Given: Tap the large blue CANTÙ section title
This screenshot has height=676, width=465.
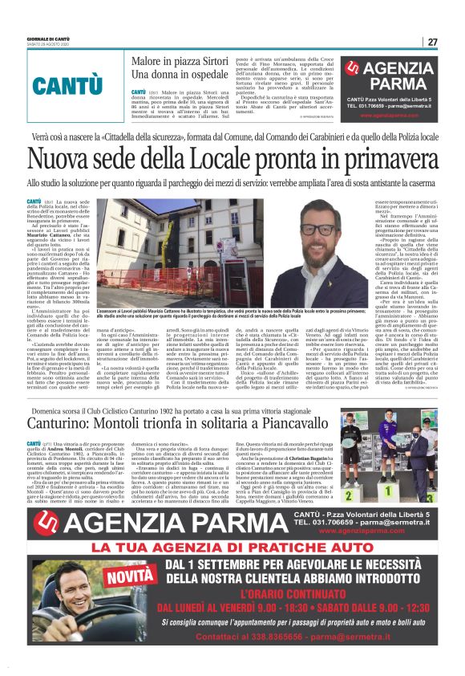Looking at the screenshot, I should pos(67,84).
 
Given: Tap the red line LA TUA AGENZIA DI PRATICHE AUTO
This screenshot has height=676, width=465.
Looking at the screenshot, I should pos(232,548).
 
